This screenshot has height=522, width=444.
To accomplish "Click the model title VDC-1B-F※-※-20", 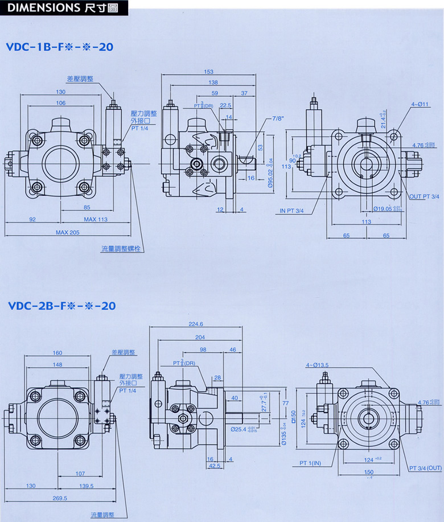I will tap(60, 47).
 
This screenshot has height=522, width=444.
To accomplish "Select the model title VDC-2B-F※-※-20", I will tap(61, 306).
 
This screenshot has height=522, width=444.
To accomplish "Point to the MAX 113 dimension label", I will tap(96, 219).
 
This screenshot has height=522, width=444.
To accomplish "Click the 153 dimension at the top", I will tap(208, 72).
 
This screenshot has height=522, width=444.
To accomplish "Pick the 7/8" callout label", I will tap(278, 118).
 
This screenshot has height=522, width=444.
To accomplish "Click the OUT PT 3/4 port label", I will tap(425, 196).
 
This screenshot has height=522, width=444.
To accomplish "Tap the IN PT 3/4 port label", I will tap(291, 211).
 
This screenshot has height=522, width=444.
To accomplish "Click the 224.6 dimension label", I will tap(196, 324).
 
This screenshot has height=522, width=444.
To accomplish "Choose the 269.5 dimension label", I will tap(59, 498).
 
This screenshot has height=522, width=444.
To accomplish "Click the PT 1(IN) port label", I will tap(310, 463).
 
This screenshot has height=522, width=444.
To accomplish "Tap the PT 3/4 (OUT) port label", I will tap(425, 468).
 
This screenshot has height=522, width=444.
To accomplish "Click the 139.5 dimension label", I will tap(87, 486).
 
